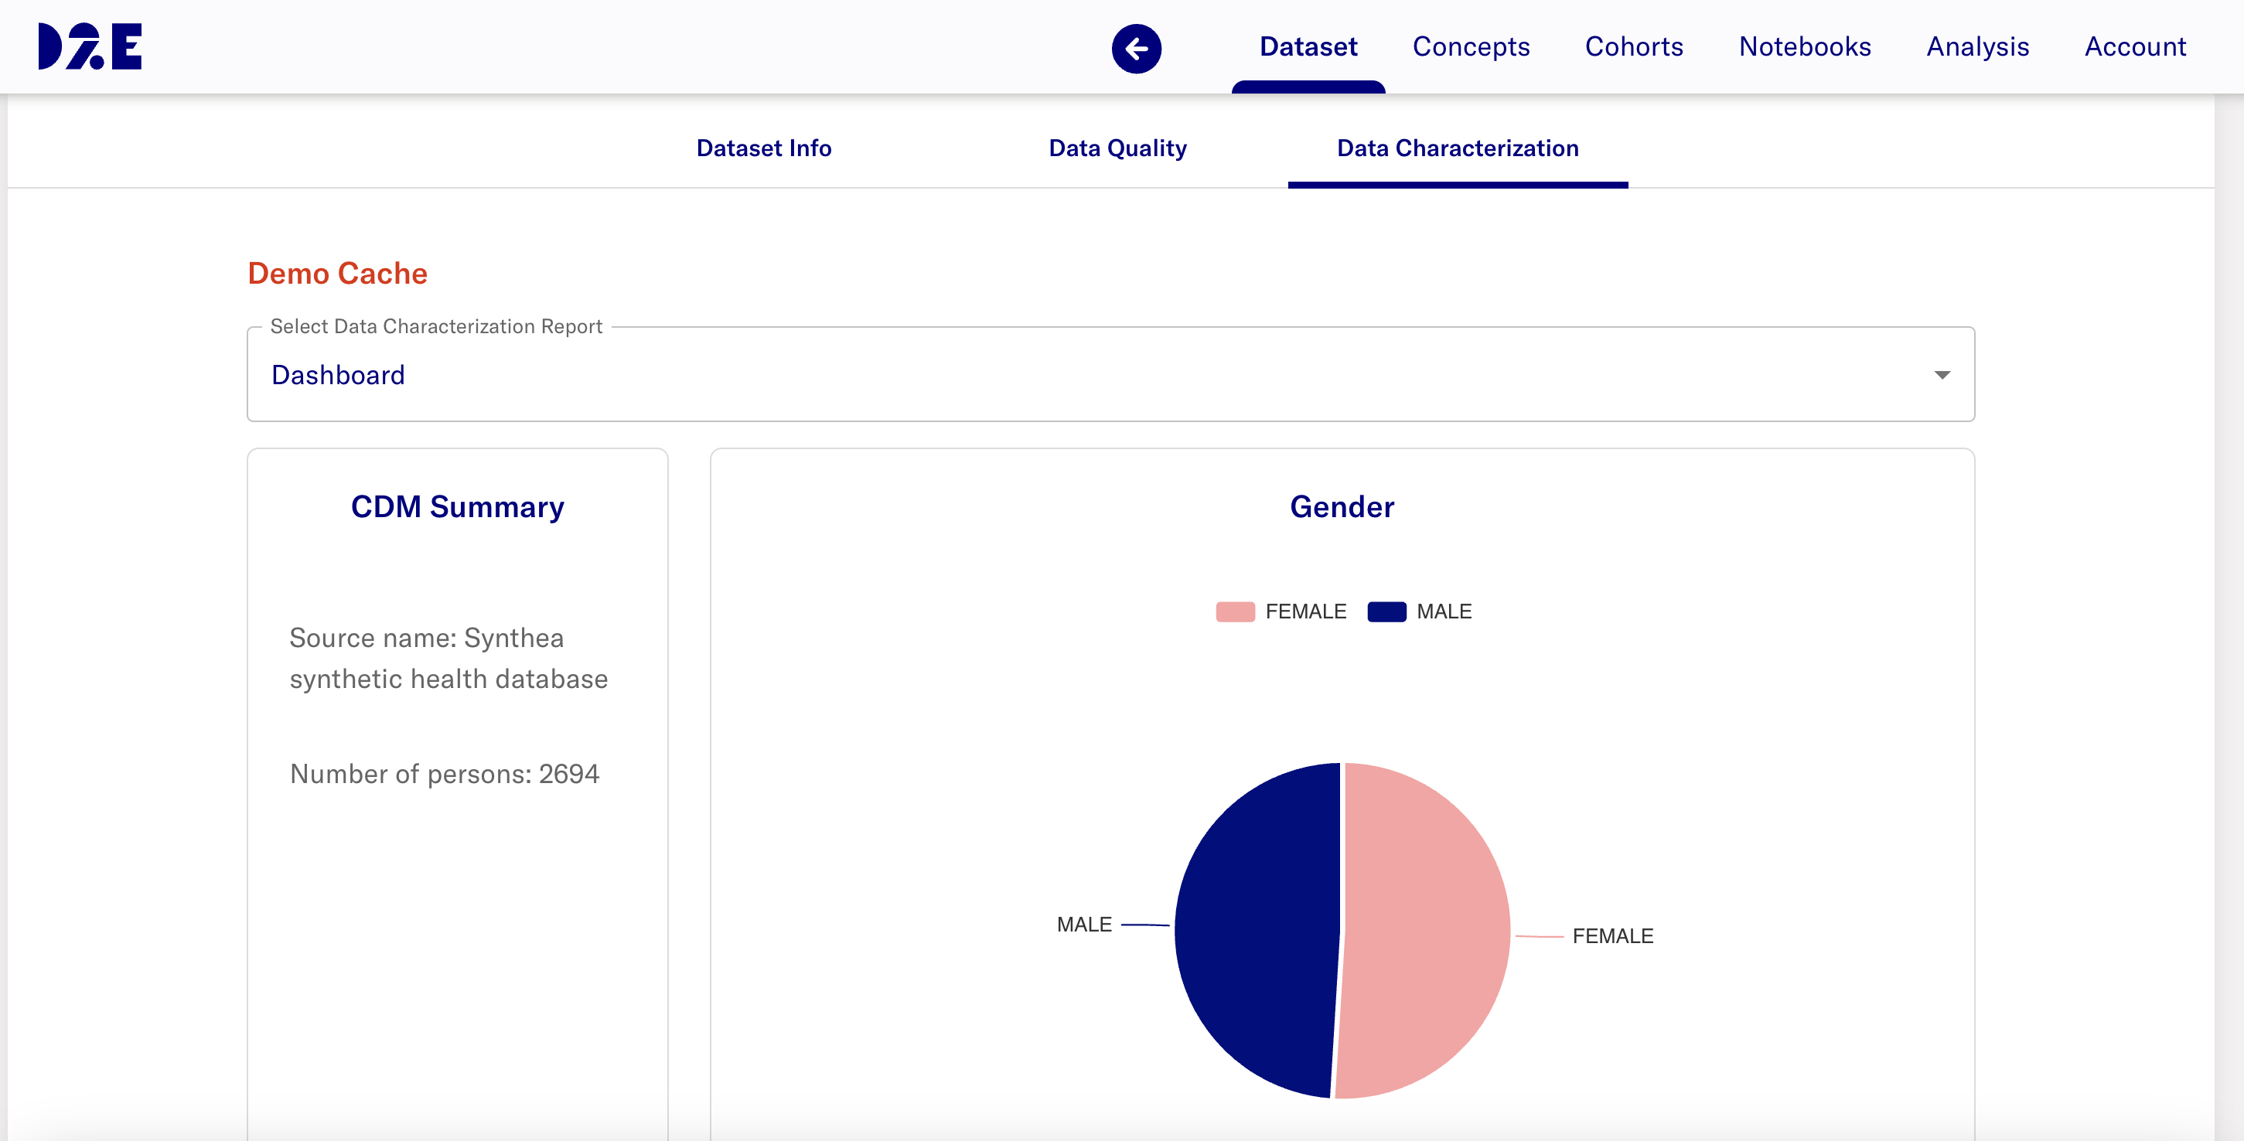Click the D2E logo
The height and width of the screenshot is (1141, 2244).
(x=90, y=46)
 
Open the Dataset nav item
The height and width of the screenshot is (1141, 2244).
(x=1308, y=46)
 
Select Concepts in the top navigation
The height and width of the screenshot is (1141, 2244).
(x=1471, y=46)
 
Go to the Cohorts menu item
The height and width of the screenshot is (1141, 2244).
(x=1633, y=46)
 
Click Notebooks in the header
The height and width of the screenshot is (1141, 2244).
(x=1804, y=46)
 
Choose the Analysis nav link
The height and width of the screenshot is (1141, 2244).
(x=1977, y=46)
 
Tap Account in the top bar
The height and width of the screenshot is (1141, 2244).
(x=2134, y=46)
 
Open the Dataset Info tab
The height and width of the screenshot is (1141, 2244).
(x=763, y=148)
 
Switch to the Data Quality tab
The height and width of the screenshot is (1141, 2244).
(x=1117, y=148)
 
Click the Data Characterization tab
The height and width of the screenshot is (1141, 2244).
(x=1458, y=148)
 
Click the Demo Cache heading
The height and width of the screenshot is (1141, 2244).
(x=337, y=274)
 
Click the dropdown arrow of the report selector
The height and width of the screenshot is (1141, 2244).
(x=1942, y=374)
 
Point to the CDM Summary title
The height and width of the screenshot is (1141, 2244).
(x=457, y=507)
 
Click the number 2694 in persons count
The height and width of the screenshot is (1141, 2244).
(x=569, y=774)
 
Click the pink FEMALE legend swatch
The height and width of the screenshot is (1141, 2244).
(x=1234, y=611)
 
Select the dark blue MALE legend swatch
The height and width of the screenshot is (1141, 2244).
(x=1386, y=611)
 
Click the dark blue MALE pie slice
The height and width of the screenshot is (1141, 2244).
(x=1254, y=932)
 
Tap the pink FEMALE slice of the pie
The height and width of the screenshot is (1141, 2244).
(x=1429, y=932)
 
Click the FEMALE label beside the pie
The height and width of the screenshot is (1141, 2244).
(x=1612, y=936)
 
